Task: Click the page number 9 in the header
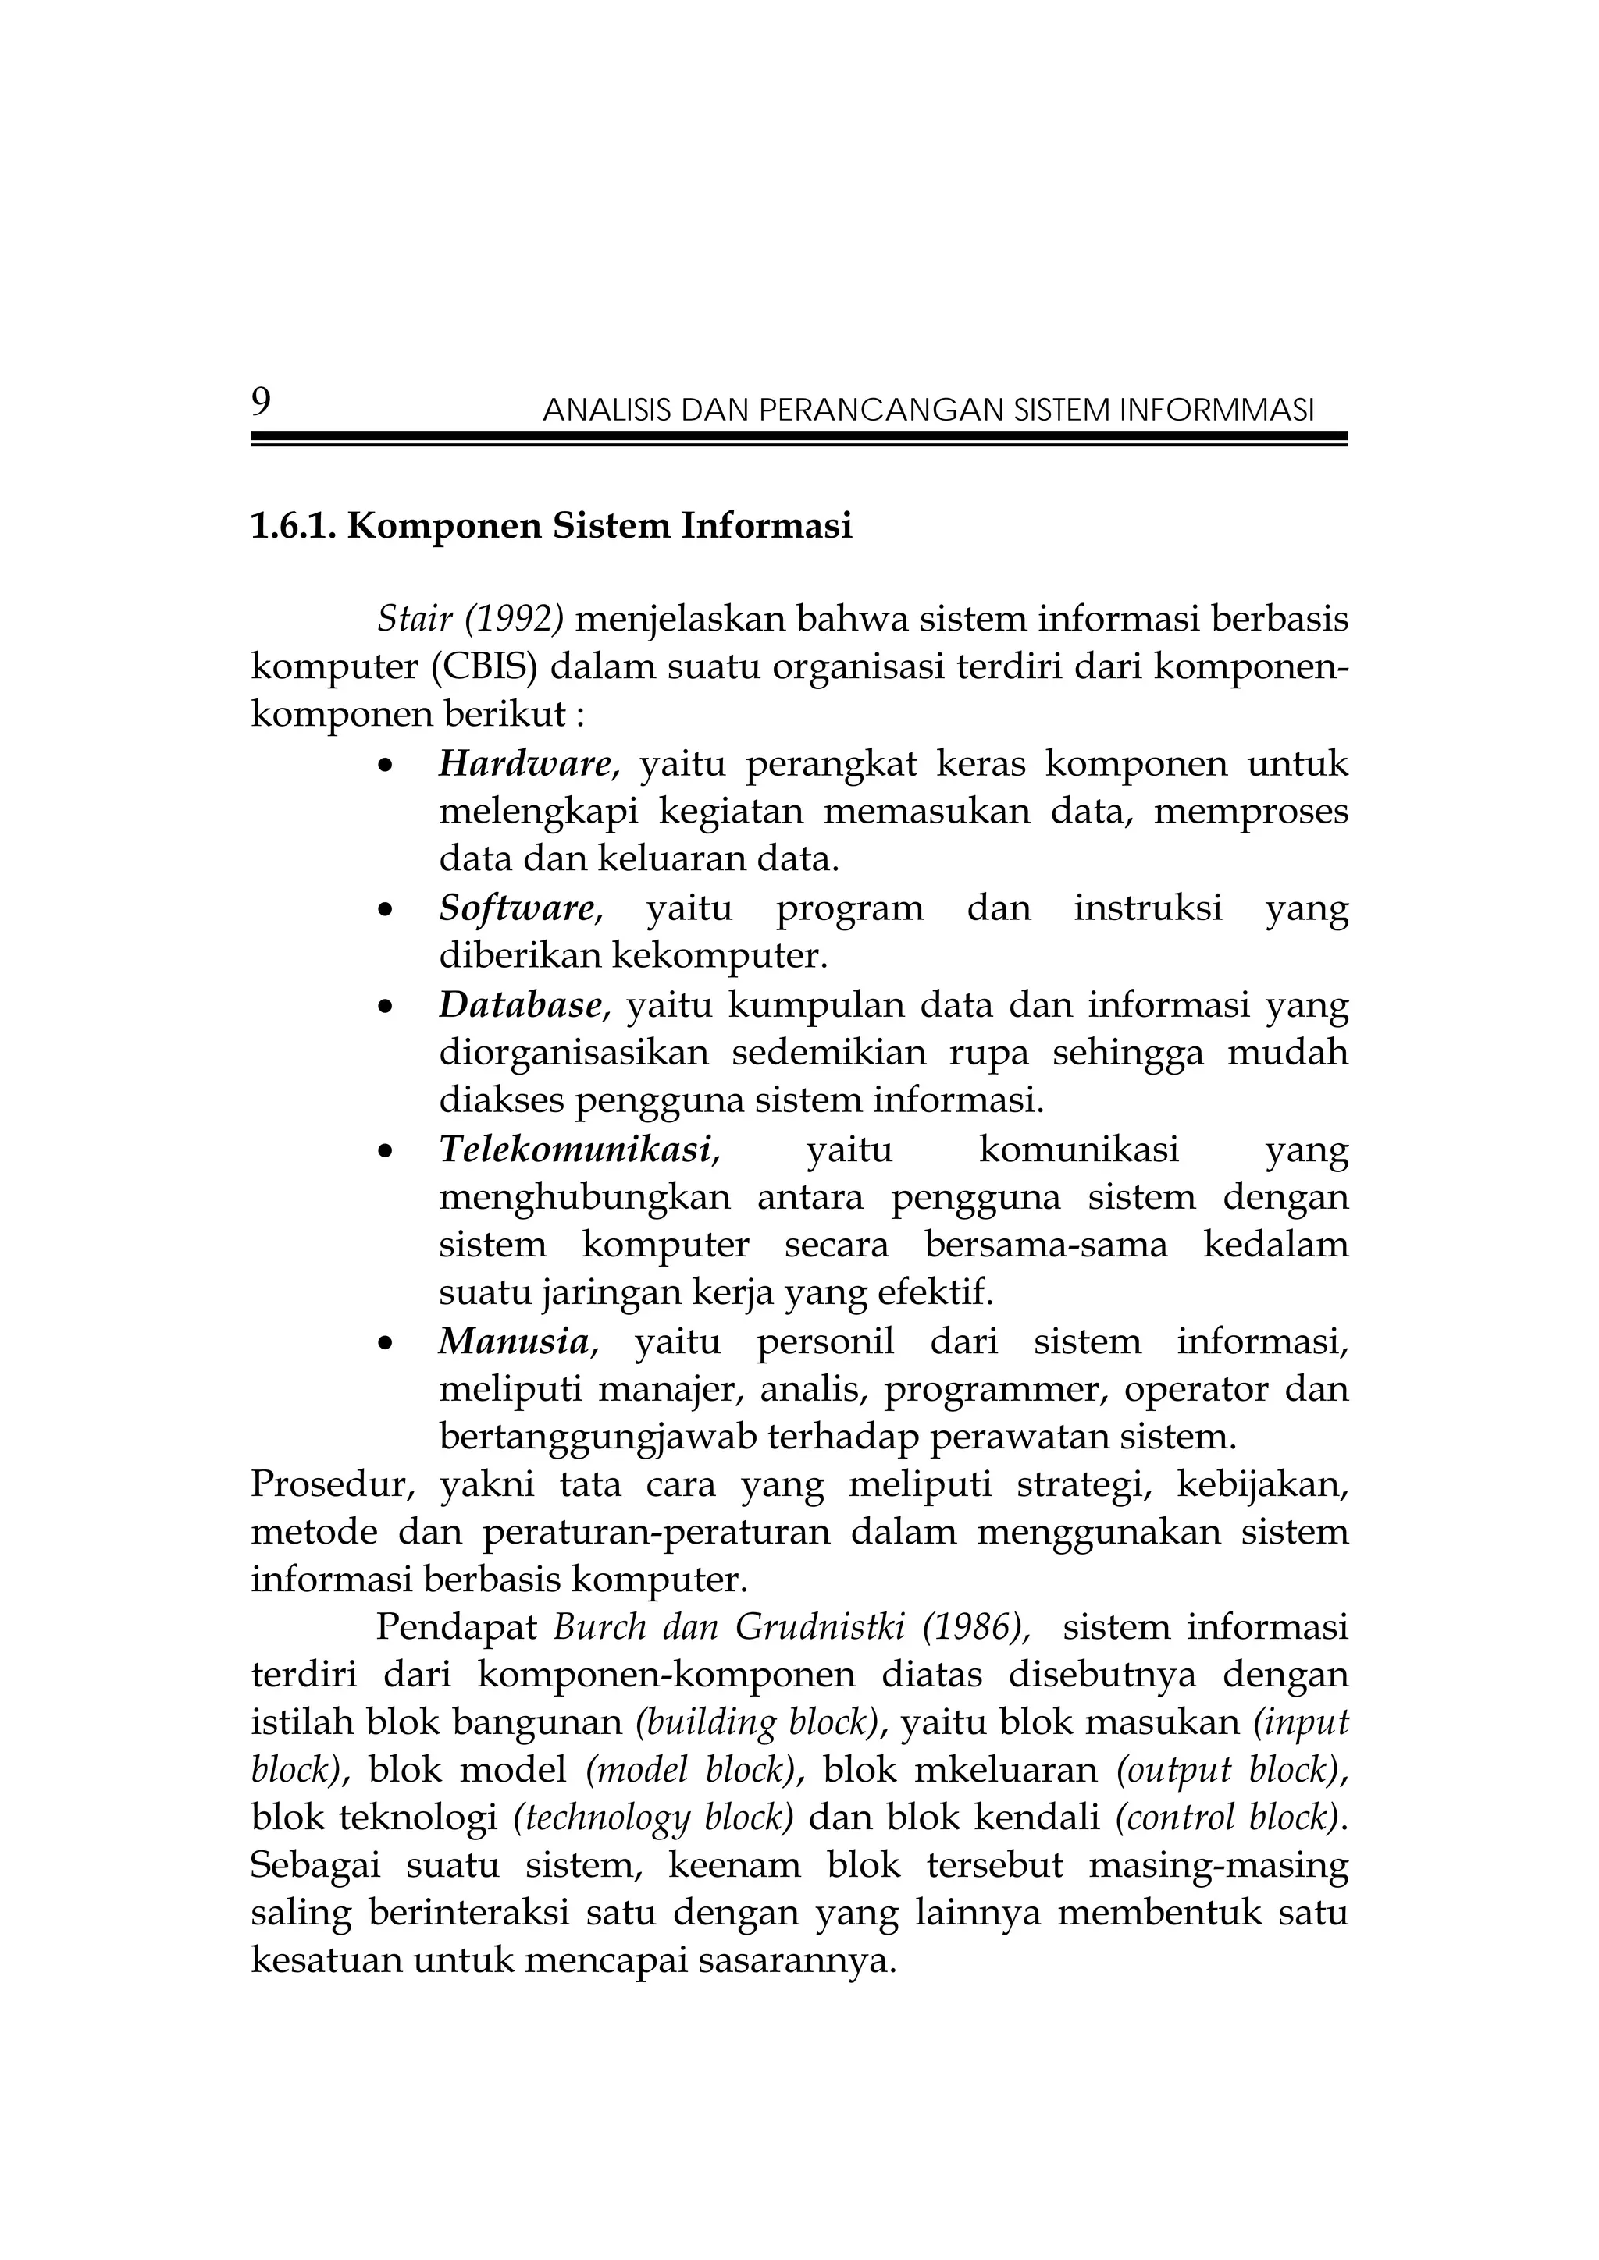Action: point(261,402)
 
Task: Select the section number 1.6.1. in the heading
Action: point(294,527)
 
